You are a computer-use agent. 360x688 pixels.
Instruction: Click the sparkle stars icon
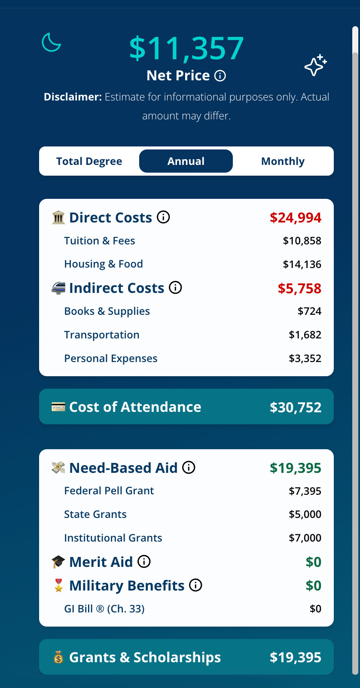pyautogui.click(x=315, y=65)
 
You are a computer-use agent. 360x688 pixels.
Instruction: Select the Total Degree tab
pyautogui.click(x=89, y=161)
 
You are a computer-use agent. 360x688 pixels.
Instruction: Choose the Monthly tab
pyautogui.click(x=283, y=161)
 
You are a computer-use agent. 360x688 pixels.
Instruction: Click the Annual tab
pyautogui.click(x=186, y=161)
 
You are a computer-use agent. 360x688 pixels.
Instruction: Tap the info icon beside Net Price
pyautogui.click(x=220, y=76)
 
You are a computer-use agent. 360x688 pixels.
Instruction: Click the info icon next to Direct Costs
pyautogui.click(x=163, y=217)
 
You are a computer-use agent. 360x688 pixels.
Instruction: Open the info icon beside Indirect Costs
pyautogui.click(x=175, y=287)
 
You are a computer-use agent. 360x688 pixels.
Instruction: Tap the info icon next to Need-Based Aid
pyautogui.click(x=189, y=467)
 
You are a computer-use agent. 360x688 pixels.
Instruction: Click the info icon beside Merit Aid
pyautogui.click(x=144, y=561)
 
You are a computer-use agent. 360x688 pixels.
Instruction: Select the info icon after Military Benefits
pyautogui.click(x=195, y=585)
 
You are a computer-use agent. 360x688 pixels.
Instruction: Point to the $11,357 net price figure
pyautogui.click(x=186, y=48)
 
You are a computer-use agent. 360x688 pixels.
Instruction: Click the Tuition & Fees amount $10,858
pyautogui.click(x=302, y=241)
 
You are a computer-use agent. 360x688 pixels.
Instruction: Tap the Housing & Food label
pyautogui.click(x=104, y=264)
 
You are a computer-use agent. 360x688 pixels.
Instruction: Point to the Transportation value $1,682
pyautogui.click(x=305, y=335)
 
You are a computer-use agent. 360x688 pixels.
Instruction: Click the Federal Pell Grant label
pyautogui.click(x=109, y=491)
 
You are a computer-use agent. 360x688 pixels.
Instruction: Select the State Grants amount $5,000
pyautogui.click(x=305, y=514)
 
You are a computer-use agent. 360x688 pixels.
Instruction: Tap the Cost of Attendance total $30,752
pyautogui.click(x=296, y=407)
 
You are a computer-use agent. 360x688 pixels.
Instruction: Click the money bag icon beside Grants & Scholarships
pyautogui.click(x=58, y=657)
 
